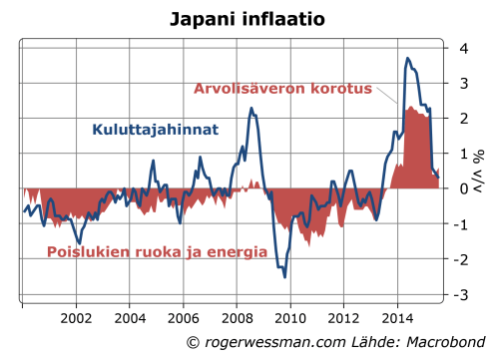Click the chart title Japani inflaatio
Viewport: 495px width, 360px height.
[247, 18]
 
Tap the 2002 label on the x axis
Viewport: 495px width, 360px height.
[77, 319]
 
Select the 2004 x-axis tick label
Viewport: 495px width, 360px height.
[130, 319]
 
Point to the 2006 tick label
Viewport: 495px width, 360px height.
[183, 319]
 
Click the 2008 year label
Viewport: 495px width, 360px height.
[237, 319]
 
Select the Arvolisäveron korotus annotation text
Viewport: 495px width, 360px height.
[283, 89]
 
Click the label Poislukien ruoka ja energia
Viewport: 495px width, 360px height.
[158, 252]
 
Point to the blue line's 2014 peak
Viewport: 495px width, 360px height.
[407, 59]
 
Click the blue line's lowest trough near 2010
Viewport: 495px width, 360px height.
[285, 276]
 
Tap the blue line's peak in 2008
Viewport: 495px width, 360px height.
[251, 108]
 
